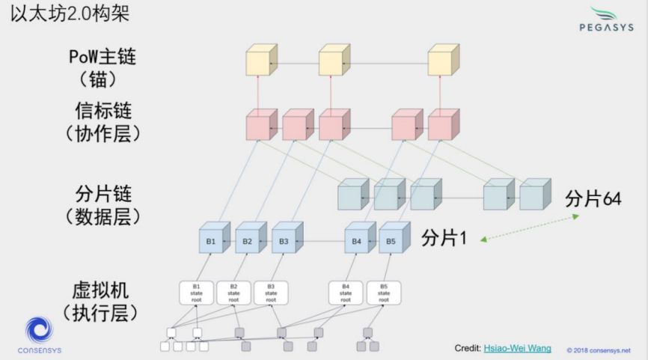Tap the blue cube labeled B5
pyautogui.click(x=391, y=241)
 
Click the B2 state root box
pyautogui.click(x=233, y=293)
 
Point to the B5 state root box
pyautogui.click(x=384, y=293)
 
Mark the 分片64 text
pyautogui.click(x=593, y=199)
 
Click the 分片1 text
pyautogui.click(x=444, y=239)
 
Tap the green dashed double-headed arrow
pyautogui.click(x=529, y=228)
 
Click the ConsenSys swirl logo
pyautogui.click(x=40, y=330)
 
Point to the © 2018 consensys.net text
pyautogui.click(x=598, y=350)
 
